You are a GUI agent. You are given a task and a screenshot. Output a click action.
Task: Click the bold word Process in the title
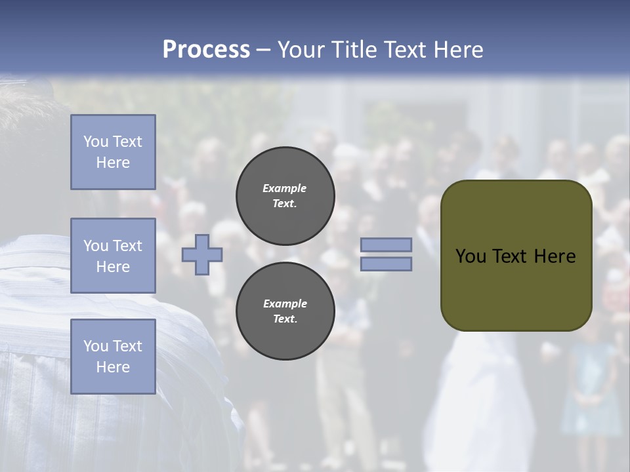point(206,49)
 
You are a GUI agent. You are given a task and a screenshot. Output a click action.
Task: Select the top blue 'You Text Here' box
point(113,152)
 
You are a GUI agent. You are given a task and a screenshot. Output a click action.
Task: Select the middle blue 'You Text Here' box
point(113,256)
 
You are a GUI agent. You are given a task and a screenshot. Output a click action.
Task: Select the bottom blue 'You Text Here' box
point(113,357)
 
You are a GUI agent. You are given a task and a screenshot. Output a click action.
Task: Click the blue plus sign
point(202,254)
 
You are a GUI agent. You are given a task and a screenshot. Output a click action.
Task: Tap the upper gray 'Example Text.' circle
point(285,196)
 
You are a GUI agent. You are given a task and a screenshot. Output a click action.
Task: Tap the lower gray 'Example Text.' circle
point(285,311)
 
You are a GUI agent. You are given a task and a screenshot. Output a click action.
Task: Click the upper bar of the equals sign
point(386,245)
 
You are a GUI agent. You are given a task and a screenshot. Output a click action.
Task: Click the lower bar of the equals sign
point(386,264)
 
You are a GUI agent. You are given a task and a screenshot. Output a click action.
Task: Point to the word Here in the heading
point(459,49)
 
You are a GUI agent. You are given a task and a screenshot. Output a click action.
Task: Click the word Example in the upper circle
point(285,188)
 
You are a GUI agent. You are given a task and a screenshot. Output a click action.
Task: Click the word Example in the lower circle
point(285,304)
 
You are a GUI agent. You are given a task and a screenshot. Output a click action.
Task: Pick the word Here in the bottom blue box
point(113,367)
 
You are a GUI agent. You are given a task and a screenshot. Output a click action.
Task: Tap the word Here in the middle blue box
point(113,267)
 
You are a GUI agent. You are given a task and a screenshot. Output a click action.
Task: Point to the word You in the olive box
point(471,256)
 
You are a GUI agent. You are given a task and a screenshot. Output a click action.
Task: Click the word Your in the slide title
point(302,49)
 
